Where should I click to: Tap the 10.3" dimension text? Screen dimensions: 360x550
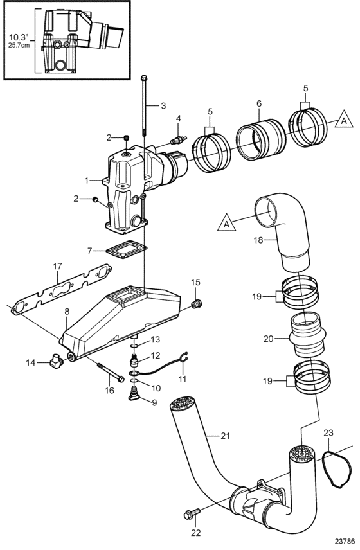point(20,37)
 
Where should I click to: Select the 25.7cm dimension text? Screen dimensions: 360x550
point(20,45)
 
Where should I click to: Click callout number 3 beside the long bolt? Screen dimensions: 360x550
point(163,105)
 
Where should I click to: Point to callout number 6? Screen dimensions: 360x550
point(259,103)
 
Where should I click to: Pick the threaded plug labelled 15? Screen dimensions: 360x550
point(198,304)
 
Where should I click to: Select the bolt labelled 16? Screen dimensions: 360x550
point(109,373)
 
